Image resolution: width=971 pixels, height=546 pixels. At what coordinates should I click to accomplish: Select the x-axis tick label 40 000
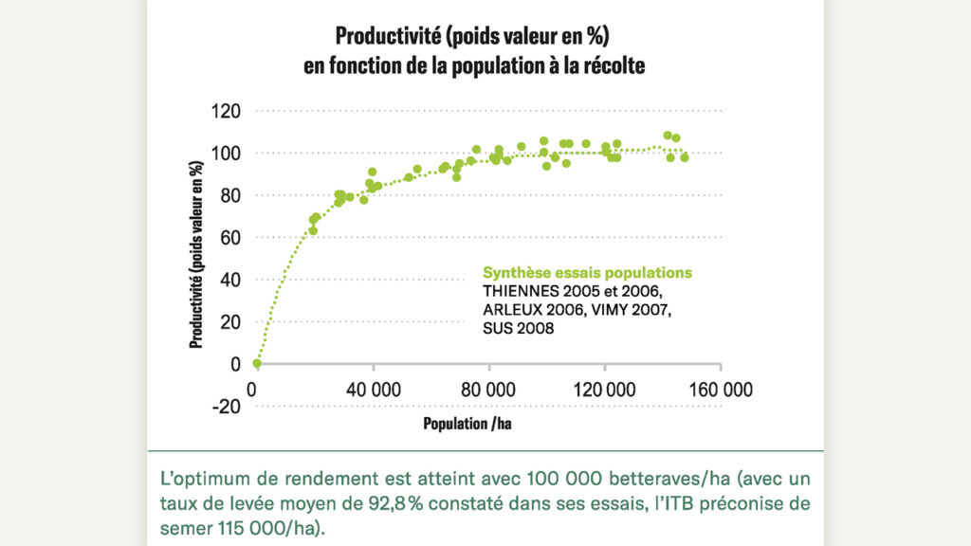pos(374,389)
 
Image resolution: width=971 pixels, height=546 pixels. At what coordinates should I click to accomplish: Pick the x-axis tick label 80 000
pos(489,389)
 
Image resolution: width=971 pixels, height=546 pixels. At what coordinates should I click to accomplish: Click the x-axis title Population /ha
pos(467,424)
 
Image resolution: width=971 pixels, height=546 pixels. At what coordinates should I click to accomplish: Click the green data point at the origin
pos(256,363)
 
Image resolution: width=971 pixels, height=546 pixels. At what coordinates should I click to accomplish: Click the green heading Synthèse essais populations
pos(588,272)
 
